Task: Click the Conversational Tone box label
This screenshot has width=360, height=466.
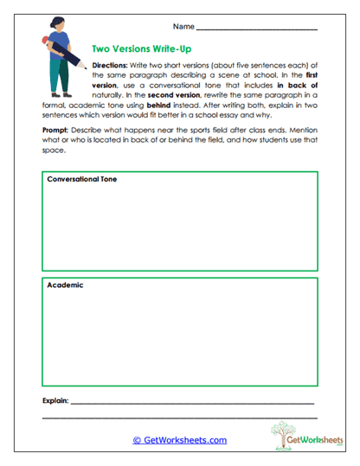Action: [x=82, y=179]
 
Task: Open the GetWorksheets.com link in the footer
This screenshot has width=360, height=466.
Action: [x=179, y=440]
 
